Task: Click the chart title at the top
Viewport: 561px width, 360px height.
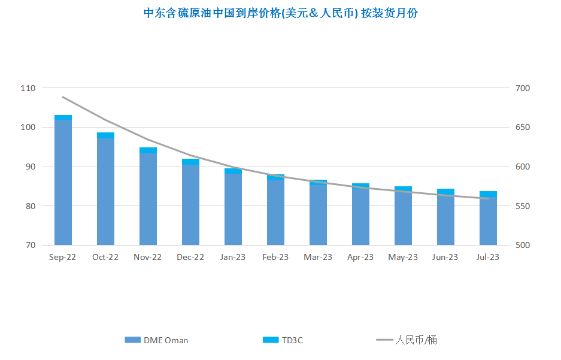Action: point(280,13)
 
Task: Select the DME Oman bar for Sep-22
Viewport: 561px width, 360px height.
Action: point(63,183)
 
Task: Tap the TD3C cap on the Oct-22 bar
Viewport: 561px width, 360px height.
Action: point(105,135)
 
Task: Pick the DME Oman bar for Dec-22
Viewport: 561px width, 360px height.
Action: point(191,205)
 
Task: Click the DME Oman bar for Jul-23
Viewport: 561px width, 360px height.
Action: point(488,221)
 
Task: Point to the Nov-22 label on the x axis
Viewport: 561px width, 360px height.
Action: point(147,258)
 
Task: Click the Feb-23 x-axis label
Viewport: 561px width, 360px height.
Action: point(275,258)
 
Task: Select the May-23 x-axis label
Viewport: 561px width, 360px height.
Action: point(403,258)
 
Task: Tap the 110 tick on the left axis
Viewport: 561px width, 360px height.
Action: point(28,88)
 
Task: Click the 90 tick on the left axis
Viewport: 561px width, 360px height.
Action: point(30,167)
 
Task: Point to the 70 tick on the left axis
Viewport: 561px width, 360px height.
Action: point(30,245)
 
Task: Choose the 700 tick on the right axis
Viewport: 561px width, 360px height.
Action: point(523,88)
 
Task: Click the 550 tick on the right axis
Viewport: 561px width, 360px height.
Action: point(523,206)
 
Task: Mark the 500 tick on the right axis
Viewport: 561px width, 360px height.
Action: point(523,245)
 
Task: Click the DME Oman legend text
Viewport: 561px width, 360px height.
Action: point(166,340)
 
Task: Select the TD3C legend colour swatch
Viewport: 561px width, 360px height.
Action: point(271,340)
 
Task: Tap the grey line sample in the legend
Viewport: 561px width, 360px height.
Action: point(384,340)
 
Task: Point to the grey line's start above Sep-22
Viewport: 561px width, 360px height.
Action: point(63,97)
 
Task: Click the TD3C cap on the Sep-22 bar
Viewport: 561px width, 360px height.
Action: point(63,117)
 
